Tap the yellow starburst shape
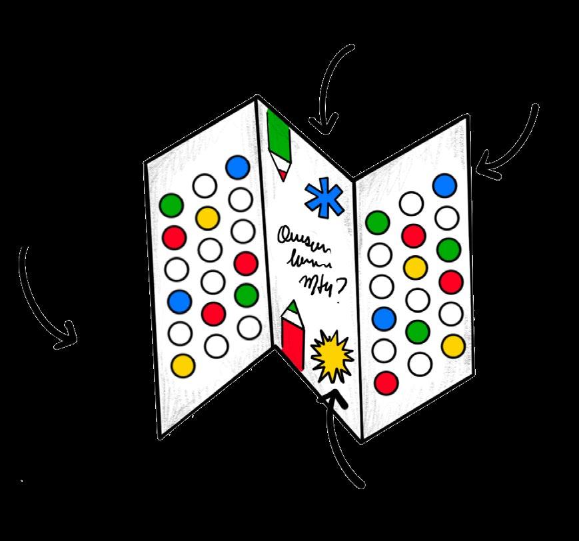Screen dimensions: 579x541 (x=331, y=355)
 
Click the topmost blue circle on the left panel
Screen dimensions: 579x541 (x=237, y=167)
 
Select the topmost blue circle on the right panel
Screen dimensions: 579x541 (x=445, y=185)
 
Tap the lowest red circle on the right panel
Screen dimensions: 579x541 (x=386, y=382)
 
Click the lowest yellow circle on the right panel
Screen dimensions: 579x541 (x=453, y=345)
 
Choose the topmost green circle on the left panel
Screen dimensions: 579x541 (x=171, y=205)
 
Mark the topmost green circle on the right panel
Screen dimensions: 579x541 (x=378, y=222)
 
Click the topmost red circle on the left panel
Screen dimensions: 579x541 (x=173, y=237)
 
